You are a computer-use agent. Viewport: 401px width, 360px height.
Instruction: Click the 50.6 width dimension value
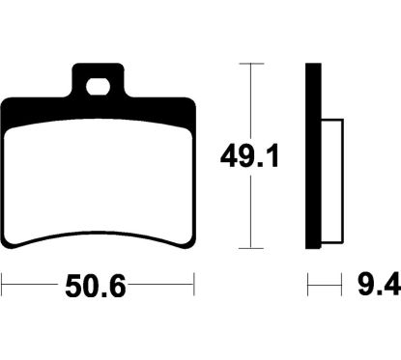coord(96,286)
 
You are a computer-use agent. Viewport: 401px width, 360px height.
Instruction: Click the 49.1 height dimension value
coord(249,155)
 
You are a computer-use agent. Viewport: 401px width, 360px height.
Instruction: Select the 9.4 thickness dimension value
coord(379,285)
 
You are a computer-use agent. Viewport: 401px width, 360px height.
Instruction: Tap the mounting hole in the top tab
coord(98,87)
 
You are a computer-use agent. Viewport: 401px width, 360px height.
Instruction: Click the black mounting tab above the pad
coord(98,80)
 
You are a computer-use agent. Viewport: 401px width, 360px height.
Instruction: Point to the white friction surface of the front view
coord(99,181)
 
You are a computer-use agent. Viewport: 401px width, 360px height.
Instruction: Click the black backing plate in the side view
coord(313,155)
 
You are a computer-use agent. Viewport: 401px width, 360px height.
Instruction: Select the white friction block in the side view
coord(332,180)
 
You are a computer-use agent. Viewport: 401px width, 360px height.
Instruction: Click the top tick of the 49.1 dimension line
coord(251,64)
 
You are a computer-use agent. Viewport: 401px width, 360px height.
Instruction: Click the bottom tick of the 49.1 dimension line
coord(251,248)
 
